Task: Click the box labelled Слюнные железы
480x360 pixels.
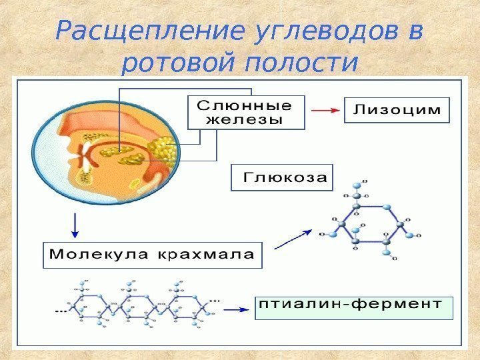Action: point(246,113)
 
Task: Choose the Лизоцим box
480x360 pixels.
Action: point(397,111)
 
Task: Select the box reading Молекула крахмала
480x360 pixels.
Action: point(153,254)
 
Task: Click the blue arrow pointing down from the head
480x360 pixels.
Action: point(75,226)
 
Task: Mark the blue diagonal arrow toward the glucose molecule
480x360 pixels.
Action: point(293,238)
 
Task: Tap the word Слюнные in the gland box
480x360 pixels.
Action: point(246,105)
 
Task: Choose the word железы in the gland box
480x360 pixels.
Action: point(245,121)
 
